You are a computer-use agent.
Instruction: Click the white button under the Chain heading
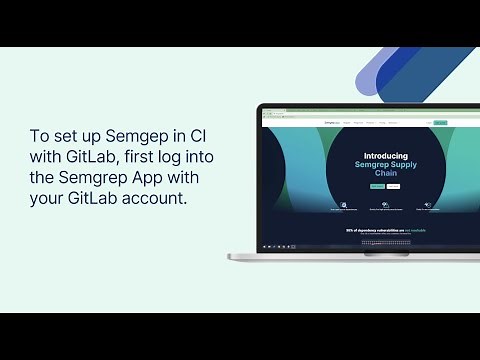tap(393, 186)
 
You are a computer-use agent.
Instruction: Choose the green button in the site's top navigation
tap(440, 123)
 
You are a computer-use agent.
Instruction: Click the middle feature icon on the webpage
tap(385, 205)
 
